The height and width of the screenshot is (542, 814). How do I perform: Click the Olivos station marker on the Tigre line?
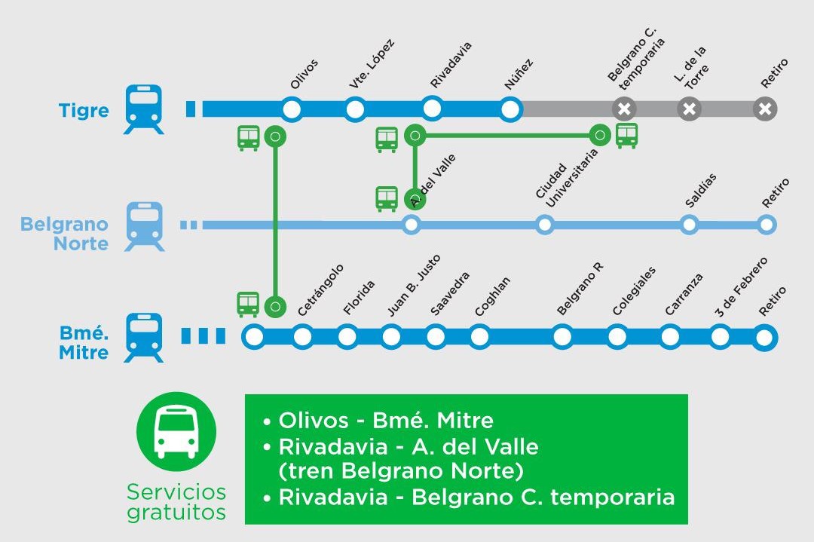click(x=292, y=109)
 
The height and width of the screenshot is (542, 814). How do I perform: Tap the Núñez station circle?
click(x=511, y=109)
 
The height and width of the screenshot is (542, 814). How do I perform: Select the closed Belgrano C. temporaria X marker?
click(x=623, y=109)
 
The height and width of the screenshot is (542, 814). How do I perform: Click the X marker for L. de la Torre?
click(x=689, y=109)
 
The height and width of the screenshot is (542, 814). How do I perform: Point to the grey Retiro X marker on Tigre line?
click(x=765, y=109)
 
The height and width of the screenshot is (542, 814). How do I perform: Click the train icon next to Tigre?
click(x=143, y=109)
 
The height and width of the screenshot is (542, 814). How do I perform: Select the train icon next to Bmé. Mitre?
click(x=143, y=337)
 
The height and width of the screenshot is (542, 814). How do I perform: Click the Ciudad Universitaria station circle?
click(x=544, y=225)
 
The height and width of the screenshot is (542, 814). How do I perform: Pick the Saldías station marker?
click(x=689, y=225)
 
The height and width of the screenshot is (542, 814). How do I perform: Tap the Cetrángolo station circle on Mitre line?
click(x=302, y=337)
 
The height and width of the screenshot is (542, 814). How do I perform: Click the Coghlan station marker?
click(x=479, y=337)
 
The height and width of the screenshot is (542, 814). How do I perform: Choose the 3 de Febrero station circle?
click(x=720, y=337)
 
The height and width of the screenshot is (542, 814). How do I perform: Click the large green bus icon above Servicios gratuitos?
click(x=176, y=432)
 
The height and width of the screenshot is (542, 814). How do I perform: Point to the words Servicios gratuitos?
click(x=176, y=502)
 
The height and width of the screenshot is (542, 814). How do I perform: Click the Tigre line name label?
click(x=84, y=111)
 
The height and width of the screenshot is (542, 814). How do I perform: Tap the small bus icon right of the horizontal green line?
click(x=626, y=136)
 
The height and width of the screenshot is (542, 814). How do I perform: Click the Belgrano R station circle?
click(x=562, y=337)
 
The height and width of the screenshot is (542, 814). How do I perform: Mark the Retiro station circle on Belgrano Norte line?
click(x=767, y=225)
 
